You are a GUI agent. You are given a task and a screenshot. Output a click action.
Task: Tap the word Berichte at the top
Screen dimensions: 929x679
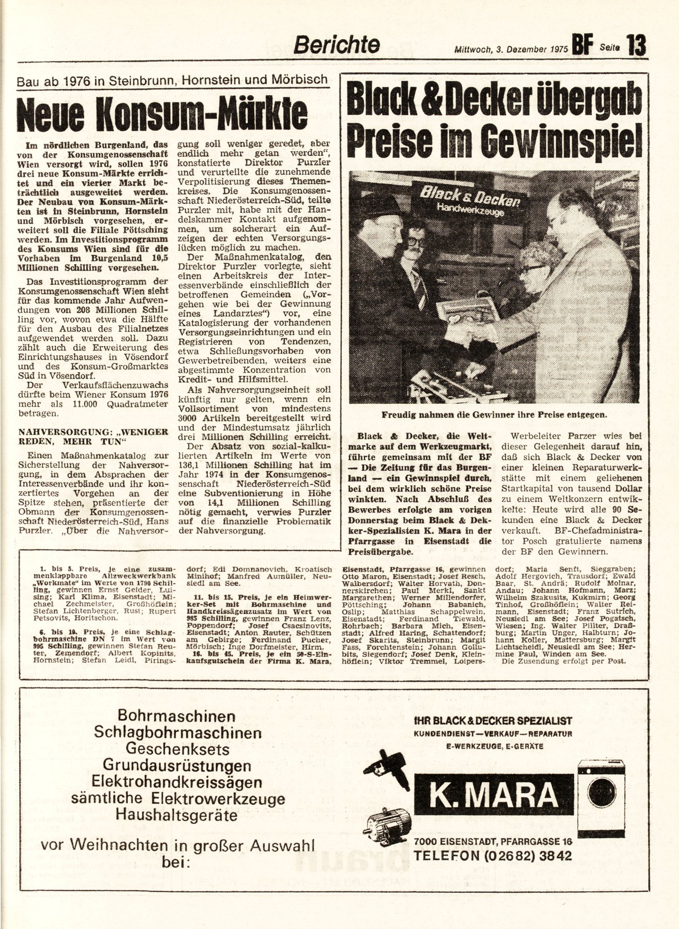coord(336,45)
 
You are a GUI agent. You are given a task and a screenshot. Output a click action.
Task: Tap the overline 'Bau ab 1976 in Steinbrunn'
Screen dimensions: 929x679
coord(171,79)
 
